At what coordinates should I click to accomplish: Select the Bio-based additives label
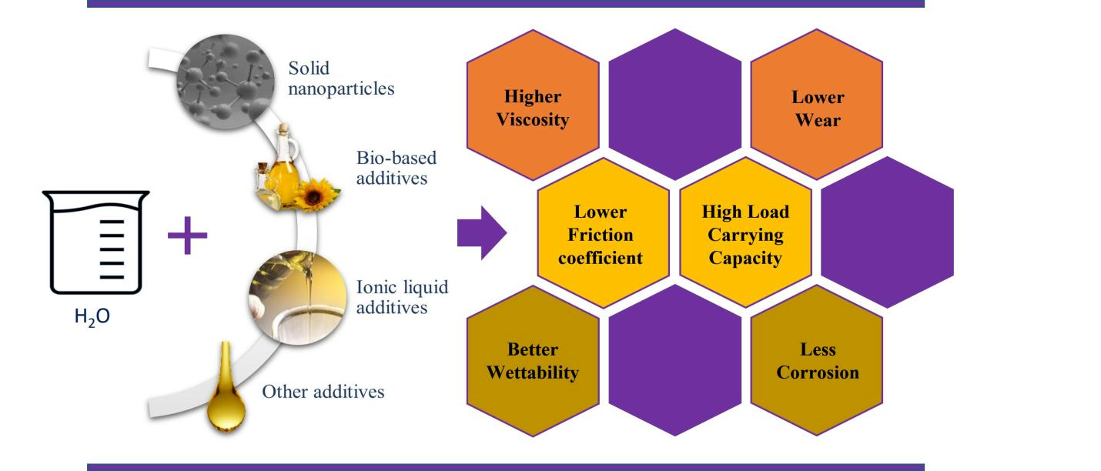[397, 168]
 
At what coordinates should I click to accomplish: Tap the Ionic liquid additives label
[402, 296]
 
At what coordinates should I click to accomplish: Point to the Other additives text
[323, 392]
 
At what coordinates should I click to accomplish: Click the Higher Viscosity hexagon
[533, 109]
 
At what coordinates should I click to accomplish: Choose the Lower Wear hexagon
[817, 109]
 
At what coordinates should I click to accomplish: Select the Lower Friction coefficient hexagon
[600, 234]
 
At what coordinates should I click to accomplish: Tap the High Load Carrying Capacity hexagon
[745, 234]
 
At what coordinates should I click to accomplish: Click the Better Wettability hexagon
[533, 361]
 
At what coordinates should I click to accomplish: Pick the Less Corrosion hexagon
[817, 361]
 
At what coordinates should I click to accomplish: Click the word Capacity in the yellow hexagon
[745, 257]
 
